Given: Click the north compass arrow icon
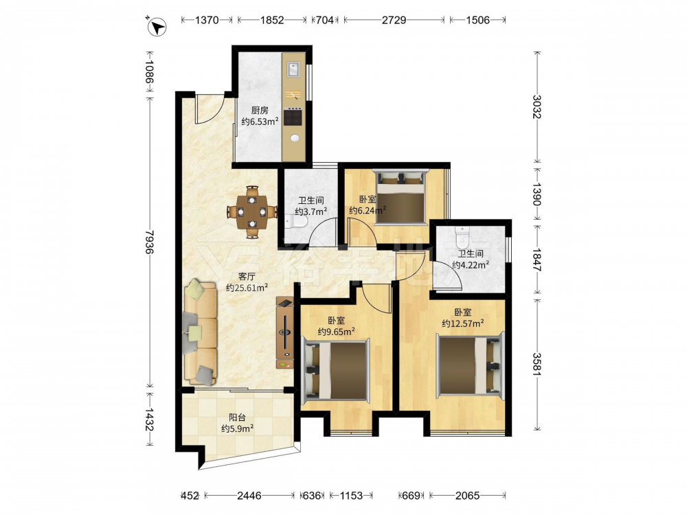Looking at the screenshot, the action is pos(157,27).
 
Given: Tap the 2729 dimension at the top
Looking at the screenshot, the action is pos(394,20).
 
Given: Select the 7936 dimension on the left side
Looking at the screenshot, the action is pos(149,242).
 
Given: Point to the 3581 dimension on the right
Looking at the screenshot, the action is pos(537,365).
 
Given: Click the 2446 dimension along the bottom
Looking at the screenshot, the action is pos(249,496).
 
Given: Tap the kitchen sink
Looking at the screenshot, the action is pos(293,68).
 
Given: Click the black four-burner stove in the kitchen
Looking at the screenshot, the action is pos(293,117).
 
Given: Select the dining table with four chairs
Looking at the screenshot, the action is pos(251,212).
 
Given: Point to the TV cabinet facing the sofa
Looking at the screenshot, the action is pos(285,333).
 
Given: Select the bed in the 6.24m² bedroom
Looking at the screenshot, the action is pos(401,197).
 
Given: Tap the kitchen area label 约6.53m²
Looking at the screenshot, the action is pos(260,122).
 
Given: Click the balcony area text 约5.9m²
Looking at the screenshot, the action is pos(238,428).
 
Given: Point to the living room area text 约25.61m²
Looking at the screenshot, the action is pos(247,288).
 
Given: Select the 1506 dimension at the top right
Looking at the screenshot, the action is pos(477,20).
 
